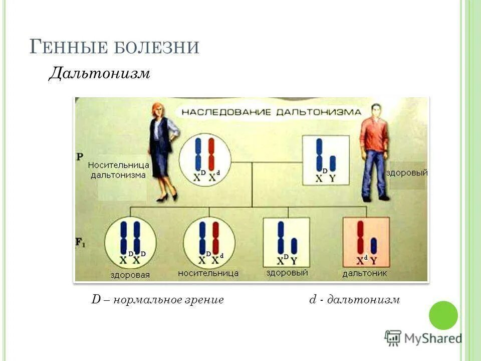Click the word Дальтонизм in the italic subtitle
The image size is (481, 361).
pos(99,74)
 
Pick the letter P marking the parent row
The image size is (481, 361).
pos(80,156)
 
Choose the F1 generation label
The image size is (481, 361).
pos(80,243)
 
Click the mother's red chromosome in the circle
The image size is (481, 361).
pos(211,154)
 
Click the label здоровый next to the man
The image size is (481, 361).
pos(407,172)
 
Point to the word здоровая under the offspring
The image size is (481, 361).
pos(130,275)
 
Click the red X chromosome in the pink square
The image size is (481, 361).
pos(360,237)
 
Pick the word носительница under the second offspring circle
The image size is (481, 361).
pos(208,274)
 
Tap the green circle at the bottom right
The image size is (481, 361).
pos(443,315)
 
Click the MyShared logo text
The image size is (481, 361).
pos(433,338)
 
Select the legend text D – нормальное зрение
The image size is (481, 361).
pos(157,300)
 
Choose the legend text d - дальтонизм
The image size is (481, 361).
pos(354,300)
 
